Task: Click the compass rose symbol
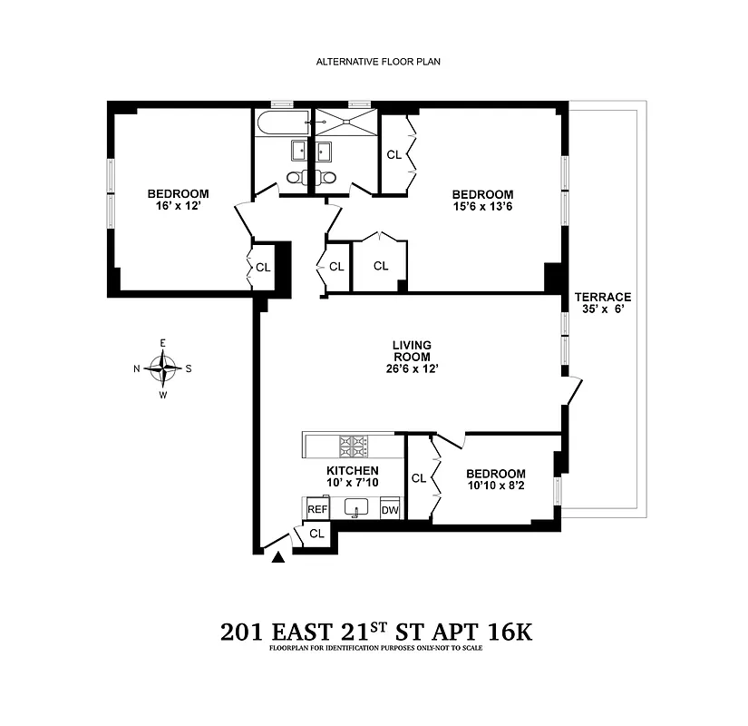pyautogui.click(x=163, y=368)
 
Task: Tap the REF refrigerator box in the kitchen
pyautogui.click(x=316, y=510)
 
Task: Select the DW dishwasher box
pyautogui.click(x=390, y=510)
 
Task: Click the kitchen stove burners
pyautogui.click(x=353, y=446)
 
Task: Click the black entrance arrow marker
pyautogui.click(x=278, y=558)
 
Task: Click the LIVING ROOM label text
pyautogui.click(x=411, y=350)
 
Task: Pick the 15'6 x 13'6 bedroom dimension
pyautogui.click(x=482, y=208)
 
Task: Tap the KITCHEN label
pyautogui.click(x=352, y=470)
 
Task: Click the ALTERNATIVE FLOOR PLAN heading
pyautogui.click(x=378, y=62)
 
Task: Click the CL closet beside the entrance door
pyautogui.click(x=316, y=534)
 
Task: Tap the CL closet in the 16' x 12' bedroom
pyautogui.click(x=262, y=267)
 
